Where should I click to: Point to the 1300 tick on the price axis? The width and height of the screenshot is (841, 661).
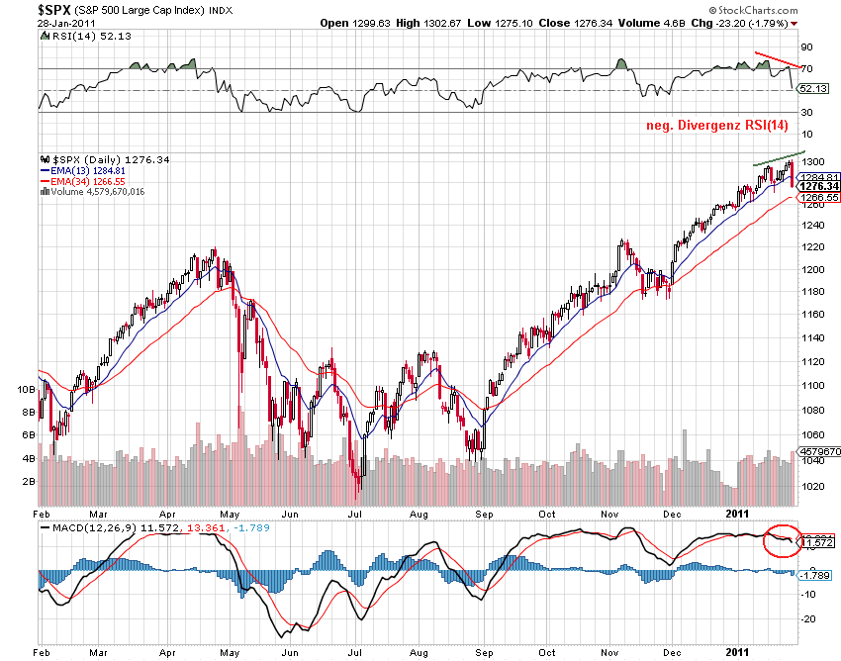[x=813, y=161]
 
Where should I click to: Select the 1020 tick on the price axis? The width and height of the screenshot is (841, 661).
[x=813, y=487]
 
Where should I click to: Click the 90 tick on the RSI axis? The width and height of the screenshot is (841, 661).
[x=807, y=47]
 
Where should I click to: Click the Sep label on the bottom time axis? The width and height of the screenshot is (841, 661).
[x=485, y=515]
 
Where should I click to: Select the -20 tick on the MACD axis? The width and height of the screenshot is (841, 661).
[x=807, y=618]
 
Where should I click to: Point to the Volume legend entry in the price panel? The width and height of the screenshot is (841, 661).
[x=93, y=192]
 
